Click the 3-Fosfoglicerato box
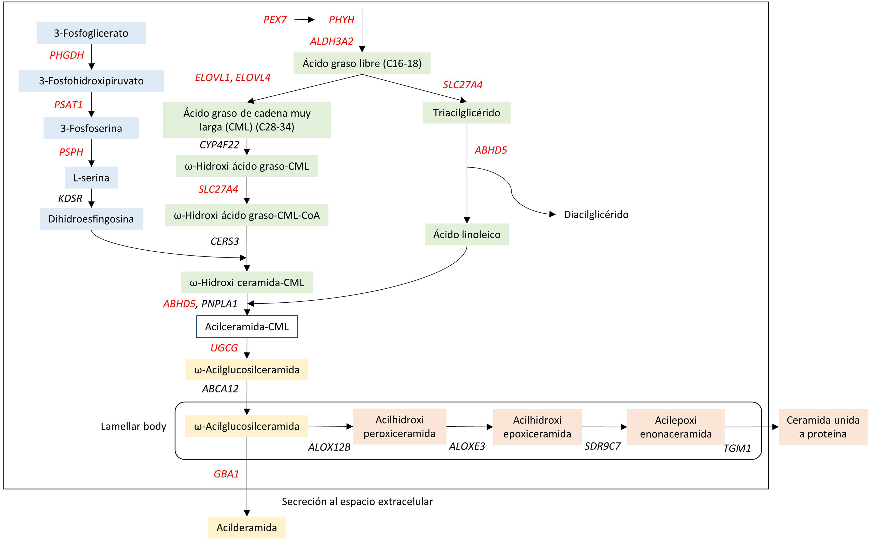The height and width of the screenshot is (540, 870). (x=91, y=33)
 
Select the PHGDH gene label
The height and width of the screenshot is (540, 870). (x=67, y=55)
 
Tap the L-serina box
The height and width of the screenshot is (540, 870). (x=91, y=178)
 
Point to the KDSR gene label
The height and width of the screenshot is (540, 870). (x=70, y=198)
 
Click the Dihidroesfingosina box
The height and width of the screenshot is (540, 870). (x=91, y=219)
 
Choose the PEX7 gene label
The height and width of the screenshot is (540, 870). (x=275, y=20)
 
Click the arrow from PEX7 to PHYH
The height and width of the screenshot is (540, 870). (x=304, y=20)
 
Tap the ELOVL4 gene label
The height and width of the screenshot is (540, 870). (x=253, y=77)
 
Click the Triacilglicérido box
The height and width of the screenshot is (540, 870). (x=467, y=113)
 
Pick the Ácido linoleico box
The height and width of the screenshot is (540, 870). (x=467, y=235)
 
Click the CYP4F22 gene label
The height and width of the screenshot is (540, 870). (x=219, y=145)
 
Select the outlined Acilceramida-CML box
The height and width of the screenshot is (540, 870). (x=247, y=327)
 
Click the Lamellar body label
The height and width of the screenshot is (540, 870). (x=133, y=426)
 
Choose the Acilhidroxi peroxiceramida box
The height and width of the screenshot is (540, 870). (x=399, y=426)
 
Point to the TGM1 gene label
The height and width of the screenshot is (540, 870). (x=737, y=448)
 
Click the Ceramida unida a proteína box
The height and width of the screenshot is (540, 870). (x=823, y=427)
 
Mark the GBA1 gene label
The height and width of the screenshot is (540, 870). (x=226, y=474)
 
